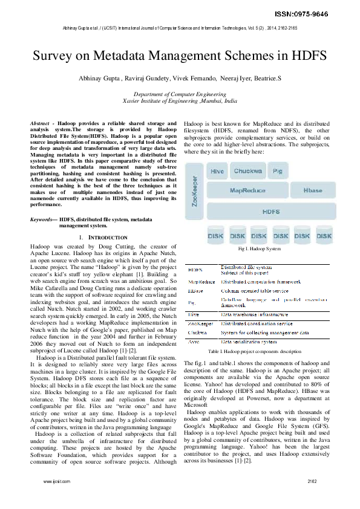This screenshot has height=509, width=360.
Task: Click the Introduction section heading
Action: click(104, 238)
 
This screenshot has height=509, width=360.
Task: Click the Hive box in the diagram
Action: click(217, 172)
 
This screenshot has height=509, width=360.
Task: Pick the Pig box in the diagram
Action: click(278, 172)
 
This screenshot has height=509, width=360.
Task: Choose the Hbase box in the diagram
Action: click(313, 190)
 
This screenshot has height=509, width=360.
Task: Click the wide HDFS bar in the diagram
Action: click(270, 212)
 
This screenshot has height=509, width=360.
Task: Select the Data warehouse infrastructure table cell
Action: click(257, 315)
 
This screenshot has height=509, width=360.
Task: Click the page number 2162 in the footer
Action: click(312, 499)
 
